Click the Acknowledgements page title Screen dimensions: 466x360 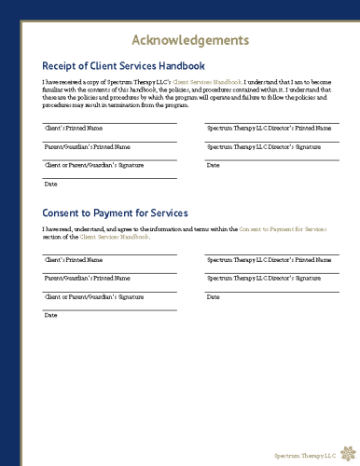coord(189,40)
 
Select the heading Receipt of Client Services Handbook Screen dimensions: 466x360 coord(123,66)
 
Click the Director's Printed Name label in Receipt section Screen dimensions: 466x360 coord(268,127)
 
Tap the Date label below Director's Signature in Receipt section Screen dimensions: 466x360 coord(213,165)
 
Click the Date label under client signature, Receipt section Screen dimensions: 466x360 coord(51,184)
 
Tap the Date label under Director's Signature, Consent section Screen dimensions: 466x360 coord(213,296)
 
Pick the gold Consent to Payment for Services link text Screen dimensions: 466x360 coord(283,228)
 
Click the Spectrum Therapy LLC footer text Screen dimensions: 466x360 coord(300,456)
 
